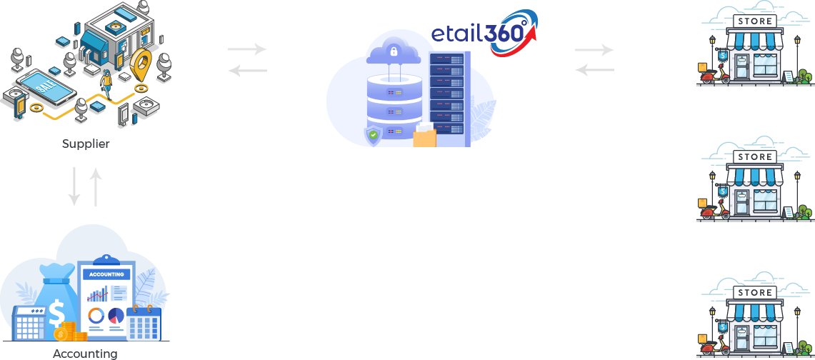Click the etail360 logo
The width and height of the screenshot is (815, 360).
(x=484, y=32)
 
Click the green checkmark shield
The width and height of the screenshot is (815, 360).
(x=372, y=134)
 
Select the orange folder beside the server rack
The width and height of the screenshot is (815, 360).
(x=425, y=136)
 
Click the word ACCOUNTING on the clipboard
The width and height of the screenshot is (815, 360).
(x=106, y=274)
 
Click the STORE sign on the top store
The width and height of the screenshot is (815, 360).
(x=755, y=21)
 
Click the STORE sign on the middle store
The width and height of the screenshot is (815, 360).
(x=755, y=157)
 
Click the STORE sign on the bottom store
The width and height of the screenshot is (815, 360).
(x=755, y=293)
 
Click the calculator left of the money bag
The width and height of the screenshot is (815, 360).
(x=30, y=324)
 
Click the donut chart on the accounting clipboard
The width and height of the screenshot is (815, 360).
(x=96, y=316)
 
